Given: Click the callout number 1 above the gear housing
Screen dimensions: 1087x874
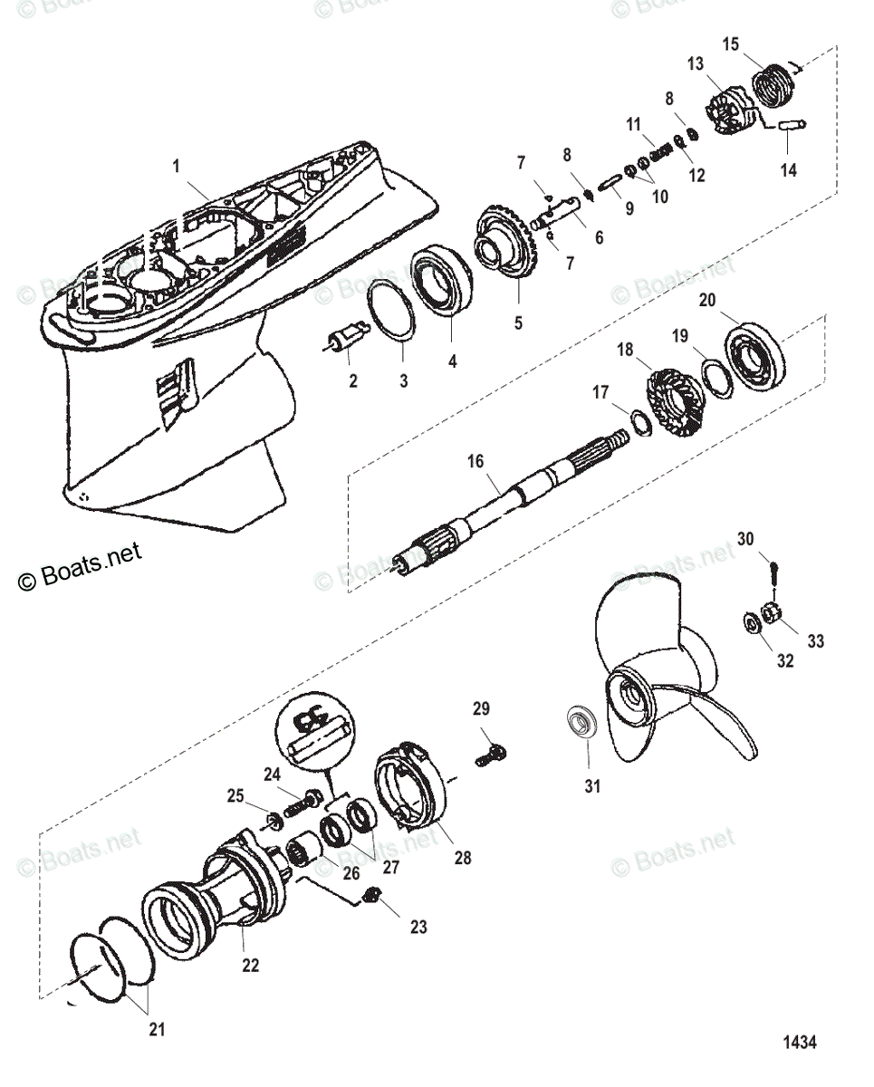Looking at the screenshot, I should coord(177,166).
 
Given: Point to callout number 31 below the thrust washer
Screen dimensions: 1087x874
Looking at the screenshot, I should coord(591,786).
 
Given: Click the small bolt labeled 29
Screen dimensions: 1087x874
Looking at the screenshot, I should coord(493,751).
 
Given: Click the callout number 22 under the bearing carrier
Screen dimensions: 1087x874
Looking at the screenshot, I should coord(250,965).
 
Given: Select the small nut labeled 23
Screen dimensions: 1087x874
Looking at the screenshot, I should coord(370,897).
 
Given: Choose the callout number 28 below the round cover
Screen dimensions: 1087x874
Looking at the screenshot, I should coord(462,857).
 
